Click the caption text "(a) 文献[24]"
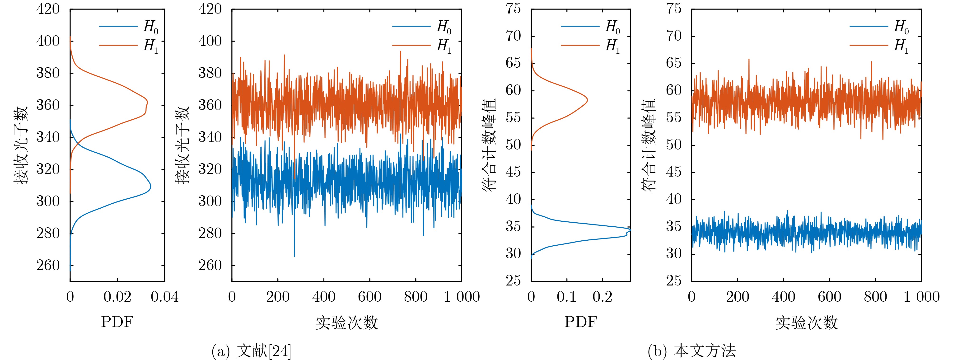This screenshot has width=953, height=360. pyautogui.click(x=251, y=350)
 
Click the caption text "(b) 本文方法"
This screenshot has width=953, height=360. pyautogui.click(x=691, y=350)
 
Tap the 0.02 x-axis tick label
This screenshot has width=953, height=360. pyautogui.click(x=117, y=297)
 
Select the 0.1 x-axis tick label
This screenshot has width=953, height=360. pyautogui.click(x=566, y=297)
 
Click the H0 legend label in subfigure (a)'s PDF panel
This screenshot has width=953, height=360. pyautogui.click(x=151, y=27)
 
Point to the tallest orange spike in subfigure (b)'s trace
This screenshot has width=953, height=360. pyautogui.click(x=749, y=59)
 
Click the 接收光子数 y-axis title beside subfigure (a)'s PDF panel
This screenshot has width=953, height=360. pyautogui.click(x=21, y=145)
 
